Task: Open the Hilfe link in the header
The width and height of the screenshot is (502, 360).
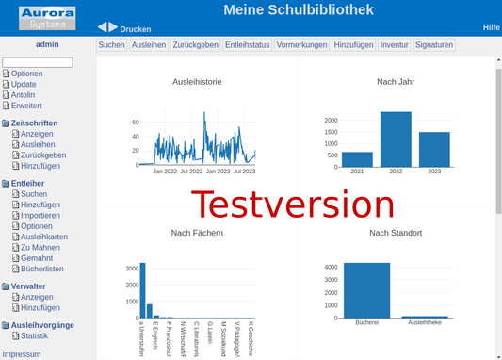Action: point(491,27)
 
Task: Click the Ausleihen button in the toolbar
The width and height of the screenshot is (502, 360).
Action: point(149,44)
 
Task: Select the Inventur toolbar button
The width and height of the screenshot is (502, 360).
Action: point(394,44)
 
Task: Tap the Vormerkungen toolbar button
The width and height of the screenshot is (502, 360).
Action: point(301,44)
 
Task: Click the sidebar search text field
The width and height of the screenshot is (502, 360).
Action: point(38,62)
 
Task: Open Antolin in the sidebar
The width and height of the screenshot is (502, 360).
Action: point(23,94)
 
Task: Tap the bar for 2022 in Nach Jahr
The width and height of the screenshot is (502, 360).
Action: point(396,139)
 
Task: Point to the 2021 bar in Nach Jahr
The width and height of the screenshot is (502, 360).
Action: point(357,158)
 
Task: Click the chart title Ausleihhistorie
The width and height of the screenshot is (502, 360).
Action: point(197,82)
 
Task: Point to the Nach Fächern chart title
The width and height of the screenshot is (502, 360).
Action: point(197,233)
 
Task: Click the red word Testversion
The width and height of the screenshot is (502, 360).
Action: point(293,205)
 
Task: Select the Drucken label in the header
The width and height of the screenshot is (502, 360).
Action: point(136,29)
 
